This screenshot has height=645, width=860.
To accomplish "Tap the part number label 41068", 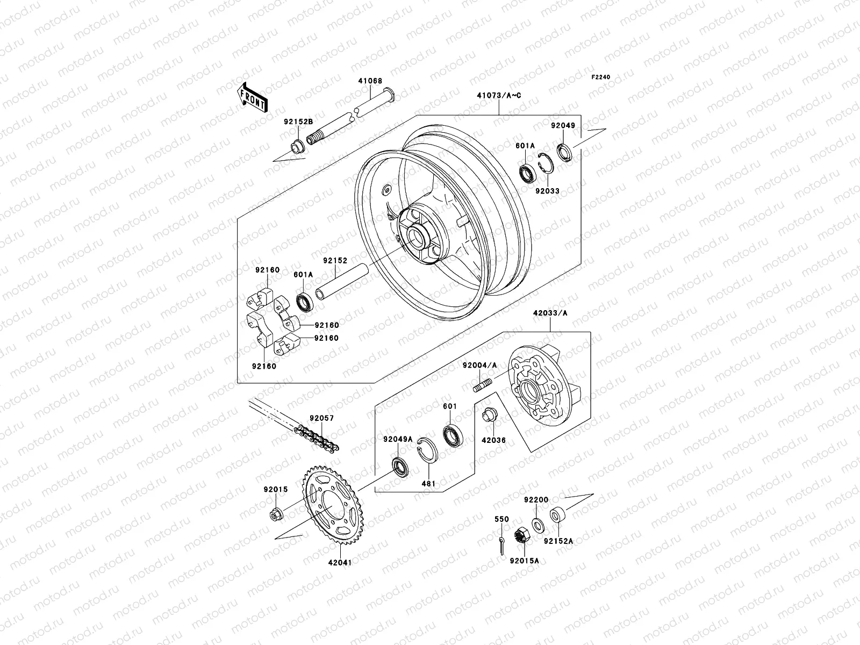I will coord(370,82).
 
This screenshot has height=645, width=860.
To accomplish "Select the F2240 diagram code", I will coord(601,77).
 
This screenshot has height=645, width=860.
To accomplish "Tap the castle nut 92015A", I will coord(521,535).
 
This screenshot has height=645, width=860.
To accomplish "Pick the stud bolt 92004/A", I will coord(483,385).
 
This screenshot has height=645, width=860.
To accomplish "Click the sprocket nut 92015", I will coord(275,514).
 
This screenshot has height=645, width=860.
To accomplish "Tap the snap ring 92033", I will coord(546,163).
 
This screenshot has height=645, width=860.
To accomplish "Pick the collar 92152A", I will coord(556,515).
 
